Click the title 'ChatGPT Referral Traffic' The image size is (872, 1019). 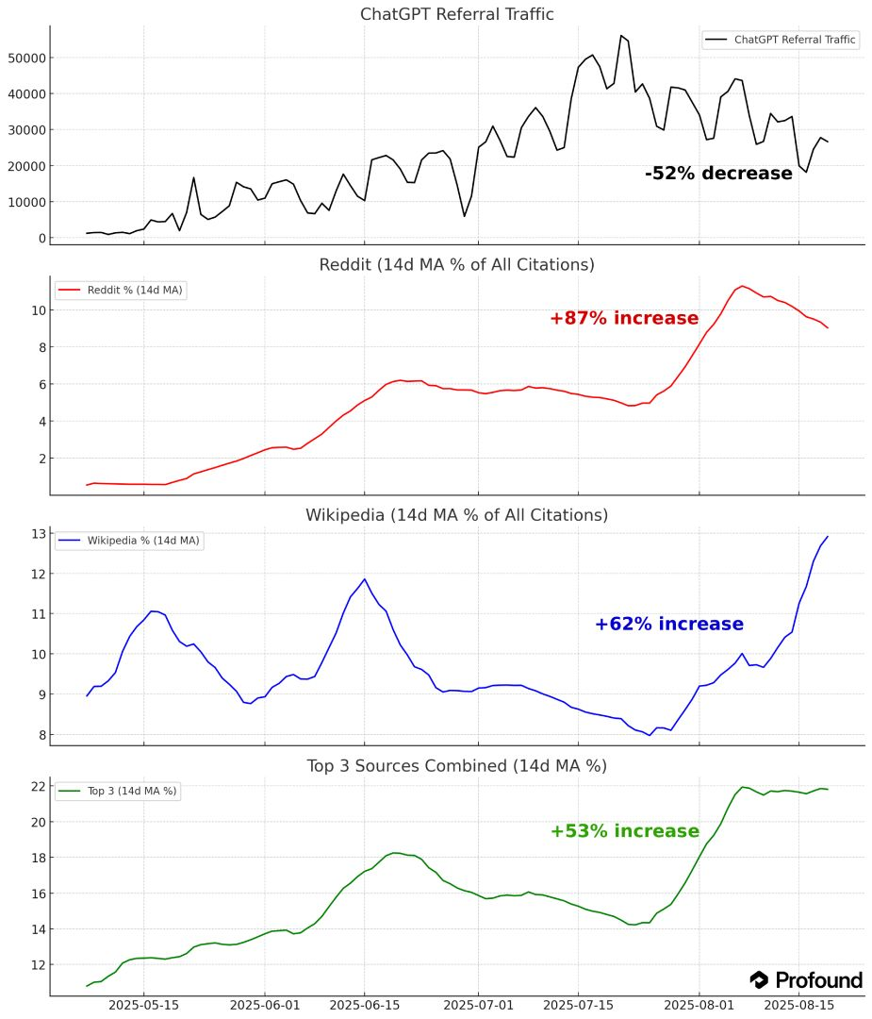pyautogui.click(x=456, y=14)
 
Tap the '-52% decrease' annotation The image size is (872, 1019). pyautogui.click(x=718, y=174)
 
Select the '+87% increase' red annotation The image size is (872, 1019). pyautogui.click(x=624, y=319)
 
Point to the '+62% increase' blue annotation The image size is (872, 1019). pyautogui.click(x=668, y=625)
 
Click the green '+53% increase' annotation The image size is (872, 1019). pyautogui.click(x=624, y=831)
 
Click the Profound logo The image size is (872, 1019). pyautogui.click(x=806, y=980)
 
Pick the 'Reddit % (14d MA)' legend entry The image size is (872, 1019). pyautogui.click(x=120, y=291)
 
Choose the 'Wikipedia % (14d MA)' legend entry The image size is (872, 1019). pyautogui.click(x=128, y=541)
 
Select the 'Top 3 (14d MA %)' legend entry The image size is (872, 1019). pyautogui.click(x=118, y=791)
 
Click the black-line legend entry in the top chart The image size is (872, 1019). pyautogui.click(x=781, y=40)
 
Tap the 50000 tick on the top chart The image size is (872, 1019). pyautogui.click(x=28, y=58)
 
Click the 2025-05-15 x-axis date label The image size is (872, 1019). pyautogui.click(x=143, y=1006)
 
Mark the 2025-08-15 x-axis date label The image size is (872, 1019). pyautogui.click(x=798, y=1006)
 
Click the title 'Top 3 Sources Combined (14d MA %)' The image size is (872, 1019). pyautogui.click(x=456, y=765)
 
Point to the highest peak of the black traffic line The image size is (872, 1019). pyautogui.click(x=621, y=36)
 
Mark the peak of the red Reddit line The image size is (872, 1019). pyautogui.click(x=742, y=285)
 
